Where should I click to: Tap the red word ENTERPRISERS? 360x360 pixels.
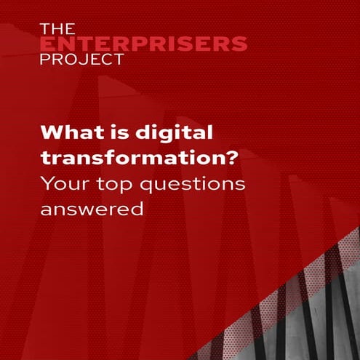(143, 44)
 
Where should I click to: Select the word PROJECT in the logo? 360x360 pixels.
(81, 60)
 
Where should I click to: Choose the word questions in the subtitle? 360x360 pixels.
(196, 186)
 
